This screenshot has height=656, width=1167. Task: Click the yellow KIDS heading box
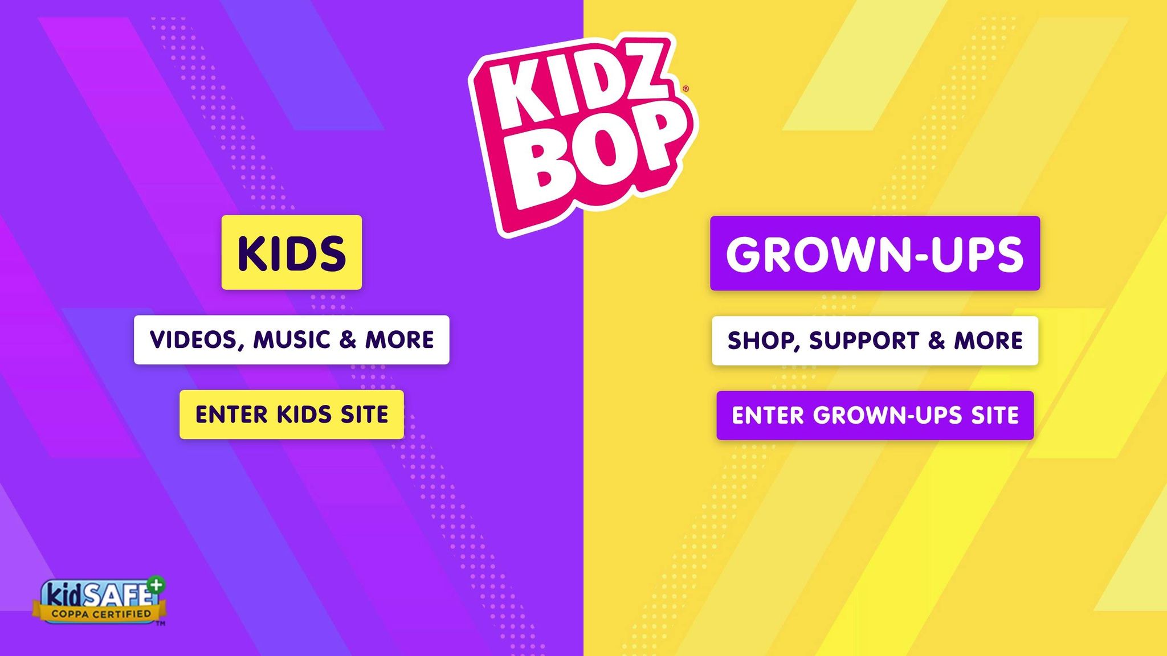291,252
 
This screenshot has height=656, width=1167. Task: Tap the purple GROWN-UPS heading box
875,253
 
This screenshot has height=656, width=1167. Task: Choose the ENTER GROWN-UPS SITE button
875,415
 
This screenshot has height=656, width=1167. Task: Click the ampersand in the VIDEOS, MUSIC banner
348,340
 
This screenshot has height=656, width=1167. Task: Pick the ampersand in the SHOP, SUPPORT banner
936,341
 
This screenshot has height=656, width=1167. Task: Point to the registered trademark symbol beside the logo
685,89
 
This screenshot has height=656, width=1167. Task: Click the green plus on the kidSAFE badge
156,584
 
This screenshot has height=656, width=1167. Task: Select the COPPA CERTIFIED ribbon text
101,614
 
